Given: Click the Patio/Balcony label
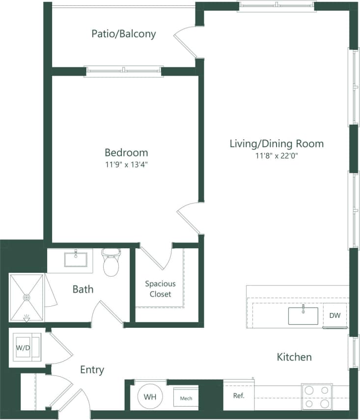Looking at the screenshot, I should (x=124, y=34).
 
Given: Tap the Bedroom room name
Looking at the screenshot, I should (x=126, y=153).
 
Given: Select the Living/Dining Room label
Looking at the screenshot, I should (x=277, y=144).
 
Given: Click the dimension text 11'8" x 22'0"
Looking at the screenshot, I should (x=277, y=156).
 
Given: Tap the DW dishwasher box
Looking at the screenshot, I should (x=335, y=315).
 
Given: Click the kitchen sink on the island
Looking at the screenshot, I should (x=303, y=315).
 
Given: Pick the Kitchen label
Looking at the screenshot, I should (x=294, y=357).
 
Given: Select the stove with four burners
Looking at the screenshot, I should (x=317, y=397).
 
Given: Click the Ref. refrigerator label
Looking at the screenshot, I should (x=239, y=395).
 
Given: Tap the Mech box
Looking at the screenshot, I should (x=186, y=398).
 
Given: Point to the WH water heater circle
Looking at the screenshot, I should (x=150, y=396).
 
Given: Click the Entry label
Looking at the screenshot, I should (x=92, y=369).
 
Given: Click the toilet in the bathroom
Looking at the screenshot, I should (x=111, y=262).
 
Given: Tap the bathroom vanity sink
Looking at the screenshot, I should (x=77, y=259).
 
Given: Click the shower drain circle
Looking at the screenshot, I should (x=27, y=297).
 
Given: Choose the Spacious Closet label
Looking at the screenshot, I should (x=160, y=289).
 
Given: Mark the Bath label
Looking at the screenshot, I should (x=83, y=289).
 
